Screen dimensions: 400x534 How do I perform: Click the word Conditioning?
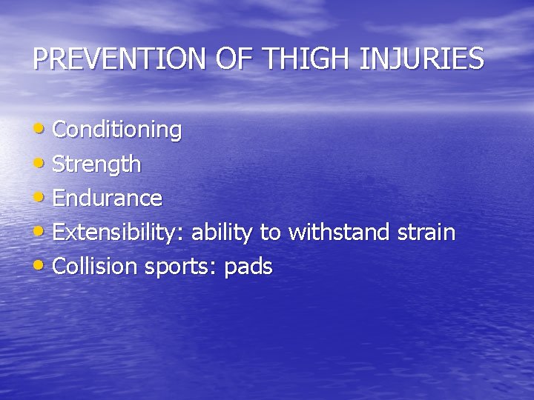117,130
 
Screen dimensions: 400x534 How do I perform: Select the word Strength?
96,164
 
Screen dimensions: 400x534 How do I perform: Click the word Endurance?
108,199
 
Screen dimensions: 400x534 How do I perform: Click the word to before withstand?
271,233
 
